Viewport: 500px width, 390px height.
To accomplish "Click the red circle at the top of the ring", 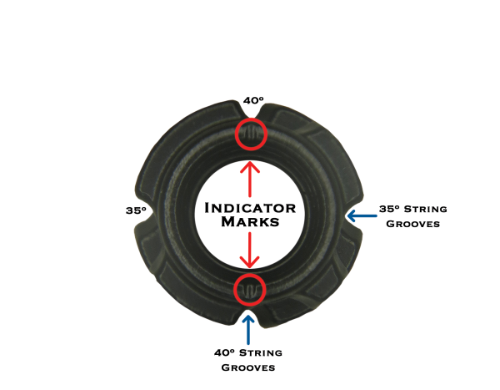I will tap(251, 134).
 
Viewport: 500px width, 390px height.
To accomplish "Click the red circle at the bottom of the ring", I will tap(249, 289).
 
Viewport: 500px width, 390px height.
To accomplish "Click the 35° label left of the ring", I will tap(137, 210).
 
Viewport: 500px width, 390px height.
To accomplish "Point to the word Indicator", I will tap(250, 207).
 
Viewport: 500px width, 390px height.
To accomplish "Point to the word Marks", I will tap(250, 224).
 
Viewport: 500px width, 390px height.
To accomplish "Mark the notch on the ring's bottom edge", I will tap(249, 316).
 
